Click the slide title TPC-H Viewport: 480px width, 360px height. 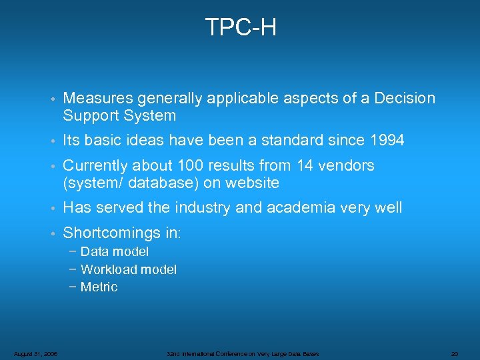[240, 27]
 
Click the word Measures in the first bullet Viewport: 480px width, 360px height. [98, 99]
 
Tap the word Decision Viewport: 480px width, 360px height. [405, 99]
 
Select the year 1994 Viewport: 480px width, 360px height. [386, 141]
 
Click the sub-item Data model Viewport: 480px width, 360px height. [114, 252]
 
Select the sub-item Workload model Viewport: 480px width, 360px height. [128, 269]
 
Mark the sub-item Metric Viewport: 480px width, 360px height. [99, 287]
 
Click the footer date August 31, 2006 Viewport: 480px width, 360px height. [35, 353]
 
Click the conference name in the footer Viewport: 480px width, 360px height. [243, 353]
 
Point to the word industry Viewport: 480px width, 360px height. [200, 208]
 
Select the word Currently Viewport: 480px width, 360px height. [95, 165]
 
